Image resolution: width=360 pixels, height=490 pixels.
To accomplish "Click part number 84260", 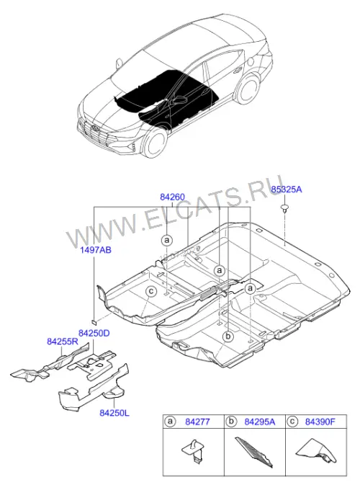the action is pos(172,197).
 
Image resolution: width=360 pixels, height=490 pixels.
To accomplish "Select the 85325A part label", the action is pos(286,190).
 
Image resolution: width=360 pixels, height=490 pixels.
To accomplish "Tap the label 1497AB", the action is pos(96,250).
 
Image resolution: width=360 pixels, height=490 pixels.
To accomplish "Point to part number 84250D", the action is pos(94,333).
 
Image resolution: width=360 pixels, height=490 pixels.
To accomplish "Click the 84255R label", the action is pos(63,342).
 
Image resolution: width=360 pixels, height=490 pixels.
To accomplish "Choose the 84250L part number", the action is pos(114,413).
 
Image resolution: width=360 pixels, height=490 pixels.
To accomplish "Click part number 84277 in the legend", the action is pos(197,422).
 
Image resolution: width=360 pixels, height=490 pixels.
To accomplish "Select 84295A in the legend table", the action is pos(260,422).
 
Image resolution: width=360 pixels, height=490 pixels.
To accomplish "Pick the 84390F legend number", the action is pos(320,422).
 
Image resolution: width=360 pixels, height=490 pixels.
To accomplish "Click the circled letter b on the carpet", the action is pos(228,337).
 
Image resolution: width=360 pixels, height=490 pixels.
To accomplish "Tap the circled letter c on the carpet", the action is pos(151,292).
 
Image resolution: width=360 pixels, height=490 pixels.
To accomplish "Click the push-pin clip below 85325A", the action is pos(284,208).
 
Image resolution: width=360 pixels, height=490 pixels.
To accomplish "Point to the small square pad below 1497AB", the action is pos(94,321).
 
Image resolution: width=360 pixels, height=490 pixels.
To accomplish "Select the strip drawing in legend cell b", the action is pos(253,452).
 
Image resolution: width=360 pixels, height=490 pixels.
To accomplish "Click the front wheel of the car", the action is pos(154,142).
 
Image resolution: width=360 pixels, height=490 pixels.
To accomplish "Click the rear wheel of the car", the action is pos(248,89).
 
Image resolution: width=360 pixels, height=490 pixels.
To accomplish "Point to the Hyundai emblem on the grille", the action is pos(94,128).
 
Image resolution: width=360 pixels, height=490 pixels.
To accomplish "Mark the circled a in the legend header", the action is pos(170,422).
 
